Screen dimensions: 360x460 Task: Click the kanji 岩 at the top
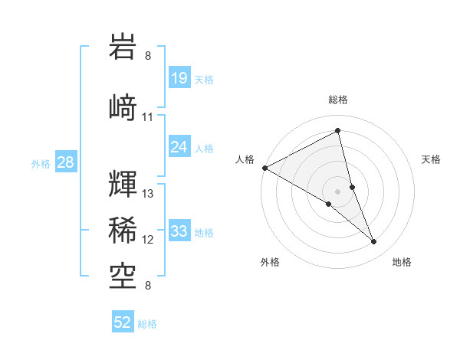123,47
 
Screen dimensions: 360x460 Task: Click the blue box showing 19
179,78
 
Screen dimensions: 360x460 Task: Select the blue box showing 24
179,147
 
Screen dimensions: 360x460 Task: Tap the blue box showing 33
179,231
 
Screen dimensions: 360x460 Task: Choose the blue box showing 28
65,162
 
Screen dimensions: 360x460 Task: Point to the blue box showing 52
123,322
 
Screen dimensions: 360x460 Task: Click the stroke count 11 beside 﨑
148,117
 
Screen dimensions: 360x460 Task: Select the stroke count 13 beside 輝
148,194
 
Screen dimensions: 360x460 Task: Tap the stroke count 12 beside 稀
148,240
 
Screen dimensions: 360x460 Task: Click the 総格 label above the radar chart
338,100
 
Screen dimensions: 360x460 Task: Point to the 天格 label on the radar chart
432,159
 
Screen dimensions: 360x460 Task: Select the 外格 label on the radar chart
270,262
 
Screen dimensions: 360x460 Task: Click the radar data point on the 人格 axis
264,167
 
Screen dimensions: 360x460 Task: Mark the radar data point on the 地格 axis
374,241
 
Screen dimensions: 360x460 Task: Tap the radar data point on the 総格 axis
338,130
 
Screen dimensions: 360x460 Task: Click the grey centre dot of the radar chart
338,191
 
